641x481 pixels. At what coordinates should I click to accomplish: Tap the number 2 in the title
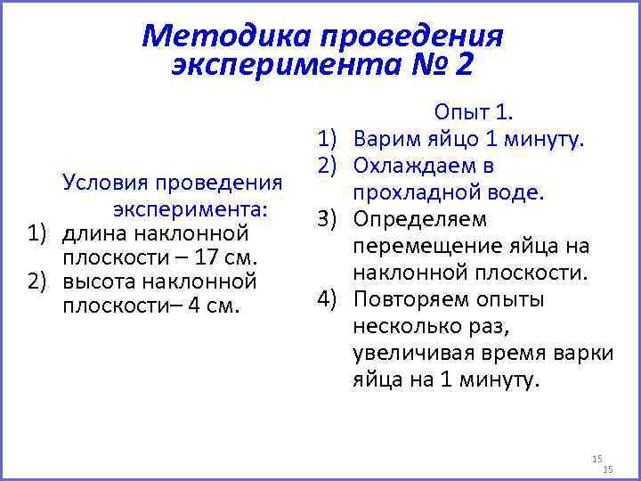(x=463, y=65)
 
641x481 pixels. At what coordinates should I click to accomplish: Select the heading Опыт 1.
(x=472, y=112)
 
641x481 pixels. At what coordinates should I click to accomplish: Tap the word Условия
(x=104, y=183)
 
